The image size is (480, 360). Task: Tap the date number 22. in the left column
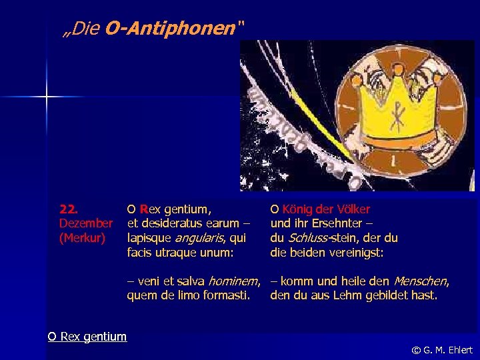(x=69, y=209)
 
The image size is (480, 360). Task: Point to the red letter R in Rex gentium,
(x=143, y=209)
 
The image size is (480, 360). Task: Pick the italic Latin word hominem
(x=234, y=281)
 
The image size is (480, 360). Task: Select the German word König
(x=297, y=209)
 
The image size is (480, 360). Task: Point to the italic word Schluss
(x=308, y=237)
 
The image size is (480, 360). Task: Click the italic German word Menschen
(x=421, y=281)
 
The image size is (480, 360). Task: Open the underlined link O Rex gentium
(x=87, y=336)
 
